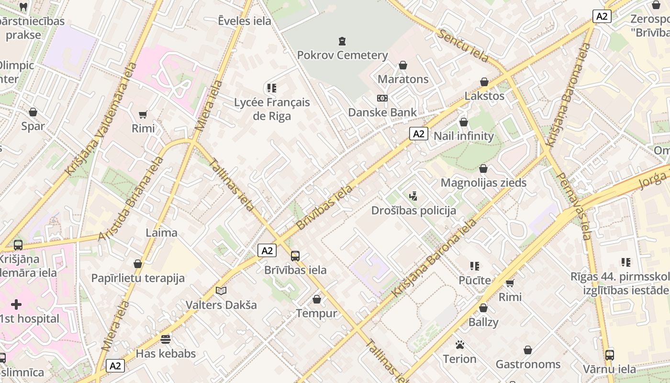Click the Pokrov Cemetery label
(x=342, y=55)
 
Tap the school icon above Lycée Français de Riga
(x=272, y=88)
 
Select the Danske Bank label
(x=382, y=112)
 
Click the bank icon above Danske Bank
(x=382, y=98)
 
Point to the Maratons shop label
(x=403, y=79)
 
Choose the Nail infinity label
(x=463, y=136)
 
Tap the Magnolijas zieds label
(x=483, y=183)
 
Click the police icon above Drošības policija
(x=413, y=196)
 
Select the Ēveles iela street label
(x=245, y=21)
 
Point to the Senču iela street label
(x=463, y=45)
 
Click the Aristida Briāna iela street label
(x=130, y=198)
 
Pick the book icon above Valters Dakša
(x=221, y=291)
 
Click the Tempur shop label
(x=316, y=314)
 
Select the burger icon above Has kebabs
(x=166, y=339)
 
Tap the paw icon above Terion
(x=460, y=345)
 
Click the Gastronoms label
(x=528, y=364)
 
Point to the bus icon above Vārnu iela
(x=609, y=355)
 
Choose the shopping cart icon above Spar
(x=33, y=113)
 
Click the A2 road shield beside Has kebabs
(x=115, y=366)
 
